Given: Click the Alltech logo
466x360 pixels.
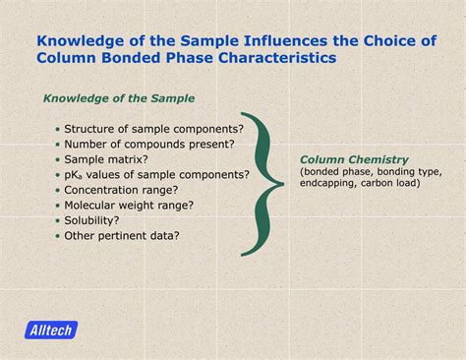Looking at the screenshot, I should tap(51, 330).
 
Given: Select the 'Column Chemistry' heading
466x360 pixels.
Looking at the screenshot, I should tap(353, 159).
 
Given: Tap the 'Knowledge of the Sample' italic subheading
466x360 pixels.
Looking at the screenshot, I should tap(118, 98).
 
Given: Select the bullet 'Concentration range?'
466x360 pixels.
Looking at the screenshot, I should tap(120, 190).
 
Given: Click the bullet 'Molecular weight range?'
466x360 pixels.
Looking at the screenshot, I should tap(128, 206).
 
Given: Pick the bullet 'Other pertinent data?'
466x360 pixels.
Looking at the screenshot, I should tap(122, 236).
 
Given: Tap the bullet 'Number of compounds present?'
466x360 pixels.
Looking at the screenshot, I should tap(148, 144).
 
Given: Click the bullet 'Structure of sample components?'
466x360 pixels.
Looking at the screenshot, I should tap(153, 129).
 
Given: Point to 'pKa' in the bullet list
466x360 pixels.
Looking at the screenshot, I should tap(75, 175).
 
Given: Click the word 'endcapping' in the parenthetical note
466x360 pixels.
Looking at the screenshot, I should tap(332, 183).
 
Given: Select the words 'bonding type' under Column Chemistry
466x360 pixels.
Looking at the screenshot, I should tap(403, 172).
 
